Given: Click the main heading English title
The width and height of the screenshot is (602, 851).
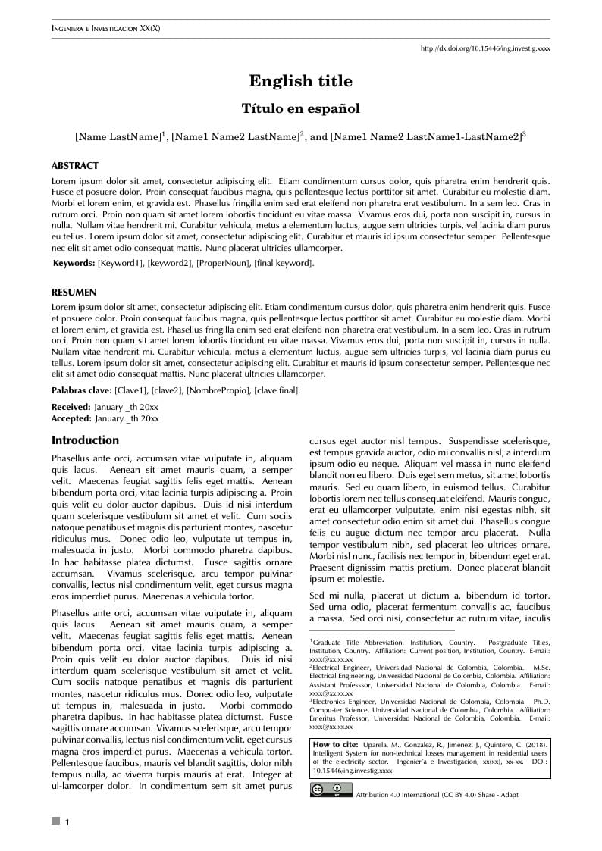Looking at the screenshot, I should tap(300, 81).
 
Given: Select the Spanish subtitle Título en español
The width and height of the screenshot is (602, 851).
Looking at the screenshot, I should tap(300, 108).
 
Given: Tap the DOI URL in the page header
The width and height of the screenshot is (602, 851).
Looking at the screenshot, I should tap(485, 48).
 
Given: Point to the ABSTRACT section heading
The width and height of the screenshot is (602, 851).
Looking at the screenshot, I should tap(74, 165).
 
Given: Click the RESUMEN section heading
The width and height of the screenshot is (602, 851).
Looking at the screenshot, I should tap(74, 292).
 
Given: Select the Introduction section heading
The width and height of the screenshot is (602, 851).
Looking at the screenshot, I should tap(85, 440).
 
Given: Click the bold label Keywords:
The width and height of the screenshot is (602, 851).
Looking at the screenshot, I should tap(74, 263).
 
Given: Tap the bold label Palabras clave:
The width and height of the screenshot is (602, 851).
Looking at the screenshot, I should tap(81, 390).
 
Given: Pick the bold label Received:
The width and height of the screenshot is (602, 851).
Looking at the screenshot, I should tap(71, 408).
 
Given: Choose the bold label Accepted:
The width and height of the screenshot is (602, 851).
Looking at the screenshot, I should tap(71, 418).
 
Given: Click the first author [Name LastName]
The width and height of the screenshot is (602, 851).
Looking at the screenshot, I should tap(118, 137).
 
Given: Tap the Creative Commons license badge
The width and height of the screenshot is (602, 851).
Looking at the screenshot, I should tap(330, 790).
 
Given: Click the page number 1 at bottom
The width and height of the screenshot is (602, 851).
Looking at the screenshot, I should tap(67, 822).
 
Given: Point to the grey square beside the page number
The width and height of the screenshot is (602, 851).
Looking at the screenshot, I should tap(55, 821).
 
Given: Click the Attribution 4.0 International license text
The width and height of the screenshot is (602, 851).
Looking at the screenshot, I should tap(437, 795).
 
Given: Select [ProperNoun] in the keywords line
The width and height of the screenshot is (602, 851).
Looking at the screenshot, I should tap(223, 263).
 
